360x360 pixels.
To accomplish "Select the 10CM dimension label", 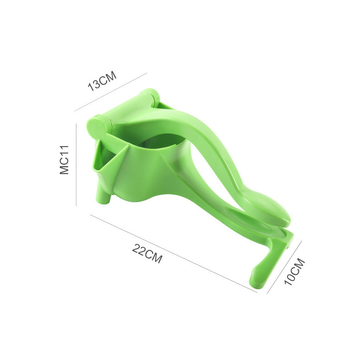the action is [295, 272].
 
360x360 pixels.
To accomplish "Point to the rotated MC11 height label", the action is [64, 160].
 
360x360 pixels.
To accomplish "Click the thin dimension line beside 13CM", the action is [111, 92].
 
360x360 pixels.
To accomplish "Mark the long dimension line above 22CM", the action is [173, 253].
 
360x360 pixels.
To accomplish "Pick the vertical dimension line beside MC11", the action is [76, 164].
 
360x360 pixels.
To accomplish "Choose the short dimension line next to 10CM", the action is [284, 267].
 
